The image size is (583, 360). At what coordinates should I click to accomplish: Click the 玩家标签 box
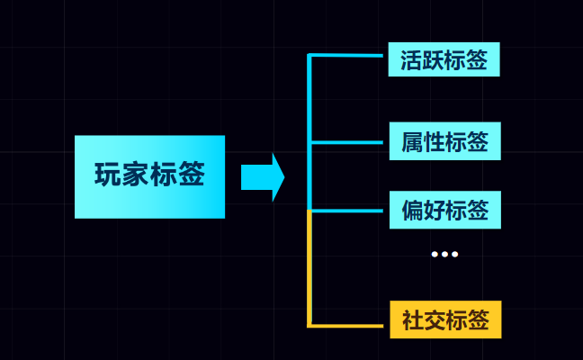pos(149,176)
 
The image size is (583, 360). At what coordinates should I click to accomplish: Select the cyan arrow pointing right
pos(262,176)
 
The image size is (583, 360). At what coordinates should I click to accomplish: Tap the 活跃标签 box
pos(444,59)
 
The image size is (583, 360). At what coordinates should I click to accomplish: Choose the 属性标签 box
pos(444,141)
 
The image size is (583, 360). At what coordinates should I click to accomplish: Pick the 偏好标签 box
pos(444,210)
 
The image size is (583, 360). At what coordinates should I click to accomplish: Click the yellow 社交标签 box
pos(444,320)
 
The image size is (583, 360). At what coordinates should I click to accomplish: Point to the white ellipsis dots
pos(444,255)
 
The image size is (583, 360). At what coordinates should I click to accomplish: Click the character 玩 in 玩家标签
pos(108,175)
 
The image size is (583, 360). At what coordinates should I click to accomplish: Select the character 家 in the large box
pos(136,175)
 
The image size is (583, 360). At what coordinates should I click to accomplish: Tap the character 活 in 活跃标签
pos(412,60)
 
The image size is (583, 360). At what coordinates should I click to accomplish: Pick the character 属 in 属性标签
pos(412,142)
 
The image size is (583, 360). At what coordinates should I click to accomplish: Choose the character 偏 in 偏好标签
pos(412,211)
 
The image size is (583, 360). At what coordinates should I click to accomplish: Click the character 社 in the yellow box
pos(412,321)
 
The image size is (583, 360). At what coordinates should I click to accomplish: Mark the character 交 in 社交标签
pos(434,321)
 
